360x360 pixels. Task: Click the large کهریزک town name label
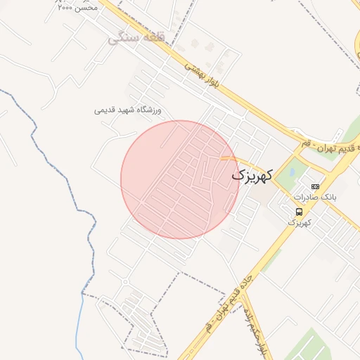(x=250, y=175)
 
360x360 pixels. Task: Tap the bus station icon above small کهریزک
(x=300, y=212)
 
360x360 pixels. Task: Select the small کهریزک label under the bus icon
(x=299, y=222)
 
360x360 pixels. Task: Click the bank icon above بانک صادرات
(x=315, y=186)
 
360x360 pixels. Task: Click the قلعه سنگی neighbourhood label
(x=136, y=37)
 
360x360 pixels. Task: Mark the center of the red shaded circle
(x=180, y=179)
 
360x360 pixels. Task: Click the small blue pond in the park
(x=289, y=170)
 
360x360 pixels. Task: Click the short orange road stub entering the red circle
(x=229, y=158)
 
